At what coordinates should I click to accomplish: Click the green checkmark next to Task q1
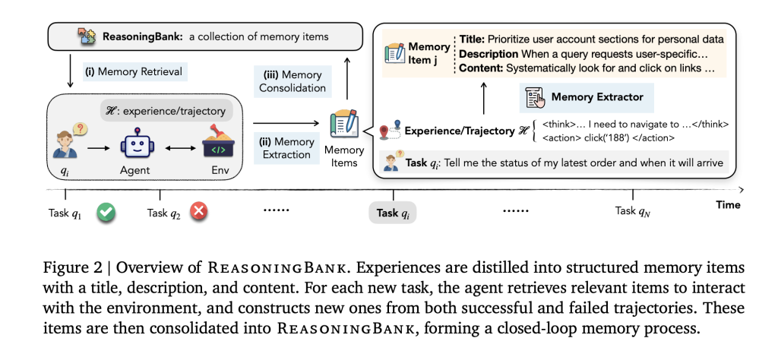(106, 213)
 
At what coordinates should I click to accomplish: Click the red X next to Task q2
(199, 213)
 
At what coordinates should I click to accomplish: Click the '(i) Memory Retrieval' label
(134, 72)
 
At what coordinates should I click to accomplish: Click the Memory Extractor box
(587, 97)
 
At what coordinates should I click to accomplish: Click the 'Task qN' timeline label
(633, 211)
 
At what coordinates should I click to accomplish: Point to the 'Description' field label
(489, 54)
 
